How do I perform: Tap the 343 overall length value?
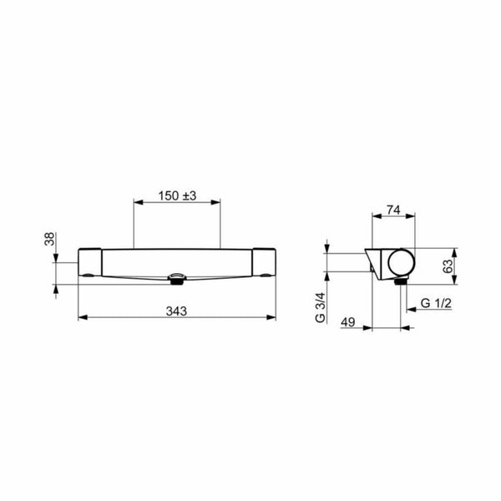(x=176, y=311)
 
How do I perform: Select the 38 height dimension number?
(x=49, y=240)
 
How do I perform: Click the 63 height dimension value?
(x=448, y=266)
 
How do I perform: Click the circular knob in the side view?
(x=398, y=264)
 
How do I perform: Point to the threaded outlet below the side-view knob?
(x=399, y=283)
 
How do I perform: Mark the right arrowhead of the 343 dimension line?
(x=274, y=317)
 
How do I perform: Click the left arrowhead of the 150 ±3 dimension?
(x=137, y=203)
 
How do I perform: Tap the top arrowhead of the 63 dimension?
(x=454, y=250)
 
